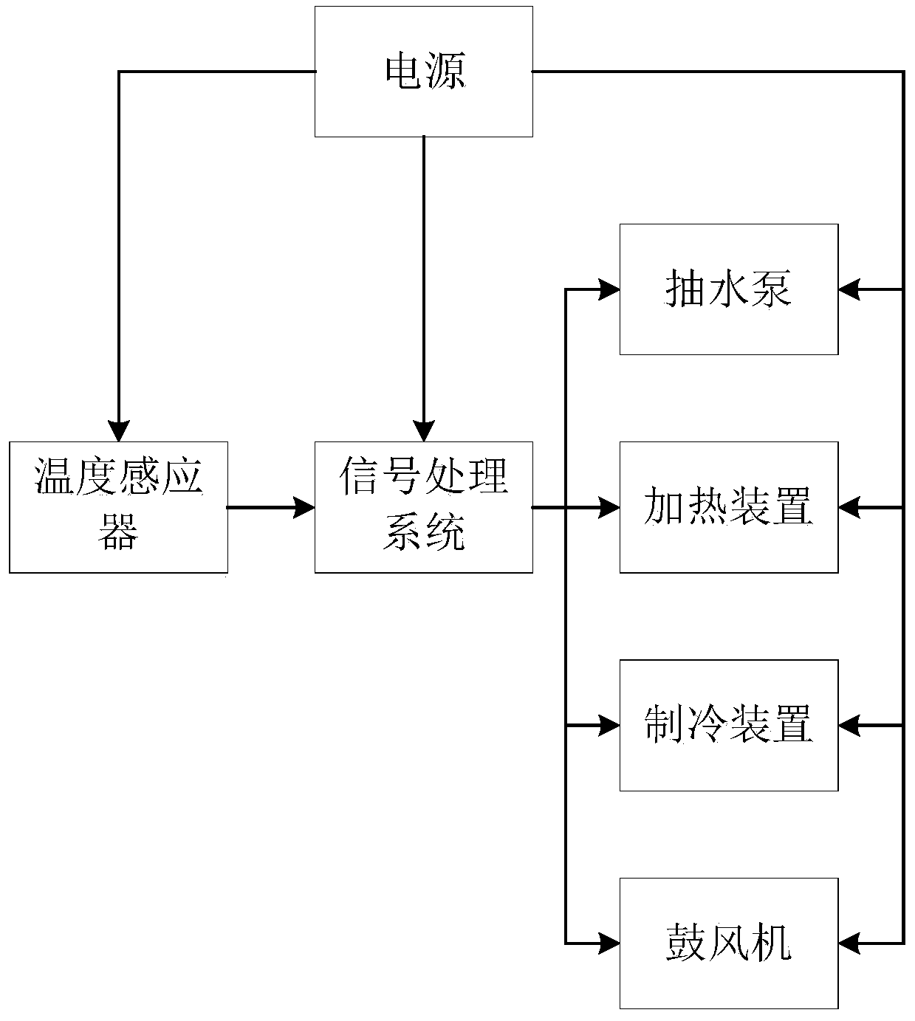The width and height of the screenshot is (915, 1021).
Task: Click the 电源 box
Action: [x=424, y=72]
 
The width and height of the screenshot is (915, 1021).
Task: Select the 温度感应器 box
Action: [x=119, y=507]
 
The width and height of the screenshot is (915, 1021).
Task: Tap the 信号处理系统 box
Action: [x=424, y=507]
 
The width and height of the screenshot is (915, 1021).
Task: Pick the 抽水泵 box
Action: [x=729, y=289]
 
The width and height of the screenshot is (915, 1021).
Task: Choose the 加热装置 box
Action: [x=729, y=507]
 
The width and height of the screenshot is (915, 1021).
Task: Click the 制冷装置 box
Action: [x=729, y=725]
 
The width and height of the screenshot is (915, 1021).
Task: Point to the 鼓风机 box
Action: [x=729, y=943]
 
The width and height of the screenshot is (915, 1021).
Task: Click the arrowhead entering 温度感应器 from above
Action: [x=119, y=431]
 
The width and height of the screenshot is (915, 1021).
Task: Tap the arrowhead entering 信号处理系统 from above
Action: [x=424, y=431]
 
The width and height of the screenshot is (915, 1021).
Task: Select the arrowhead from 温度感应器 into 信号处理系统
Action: [x=305, y=507]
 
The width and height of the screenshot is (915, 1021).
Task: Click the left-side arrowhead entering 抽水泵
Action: [x=609, y=289]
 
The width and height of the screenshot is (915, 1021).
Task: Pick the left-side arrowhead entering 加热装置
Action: [x=609, y=507]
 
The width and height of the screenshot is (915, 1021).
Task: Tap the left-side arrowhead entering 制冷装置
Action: [x=609, y=725]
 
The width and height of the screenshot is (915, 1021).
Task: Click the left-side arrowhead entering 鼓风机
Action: [x=609, y=943]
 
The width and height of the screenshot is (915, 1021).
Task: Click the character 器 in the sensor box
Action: [x=119, y=533]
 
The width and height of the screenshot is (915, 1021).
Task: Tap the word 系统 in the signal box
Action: [x=424, y=533]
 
